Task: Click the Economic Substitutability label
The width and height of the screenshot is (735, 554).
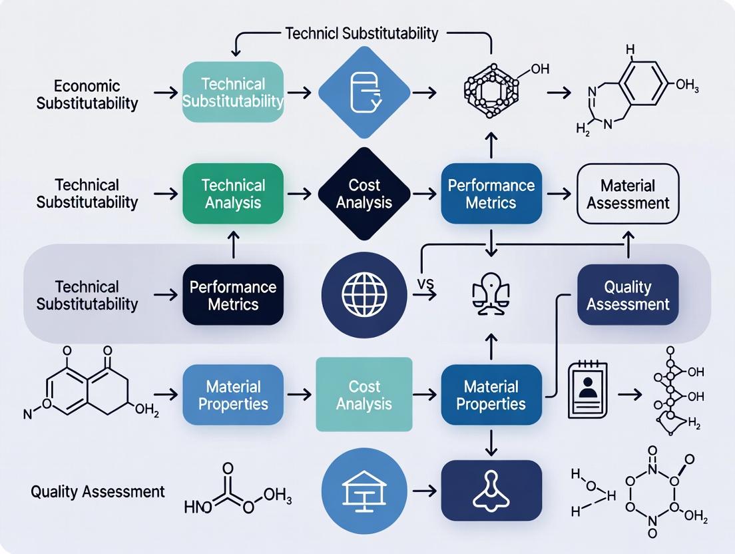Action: click(x=87, y=95)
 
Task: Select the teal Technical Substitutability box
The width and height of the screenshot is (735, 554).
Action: click(x=233, y=93)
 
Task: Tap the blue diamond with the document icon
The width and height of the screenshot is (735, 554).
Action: click(x=364, y=93)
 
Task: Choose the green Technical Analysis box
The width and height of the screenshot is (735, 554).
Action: click(x=233, y=193)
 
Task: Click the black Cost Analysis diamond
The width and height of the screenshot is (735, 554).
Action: click(x=364, y=193)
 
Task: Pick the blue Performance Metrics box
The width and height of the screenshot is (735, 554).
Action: click(x=491, y=193)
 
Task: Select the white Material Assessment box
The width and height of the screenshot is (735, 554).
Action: click(x=628, y=193)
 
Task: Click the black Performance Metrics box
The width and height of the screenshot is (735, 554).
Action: click(x=233, y=295)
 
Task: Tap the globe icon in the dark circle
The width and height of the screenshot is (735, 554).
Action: click(x=364, y=295)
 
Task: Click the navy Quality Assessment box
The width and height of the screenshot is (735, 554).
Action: click(x=628, y=295)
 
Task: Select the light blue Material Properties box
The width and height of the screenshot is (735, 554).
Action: click(x=233, y=395)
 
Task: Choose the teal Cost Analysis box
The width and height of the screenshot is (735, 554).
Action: click(x=364, y=395)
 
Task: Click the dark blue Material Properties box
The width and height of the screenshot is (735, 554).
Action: click(x=491, y=395)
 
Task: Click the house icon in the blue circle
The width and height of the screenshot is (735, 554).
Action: click(x=364, y=492)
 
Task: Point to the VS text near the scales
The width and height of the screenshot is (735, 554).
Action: click(x=425, y=284)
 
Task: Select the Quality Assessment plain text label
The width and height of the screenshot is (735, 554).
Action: click(x=97, y=492)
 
